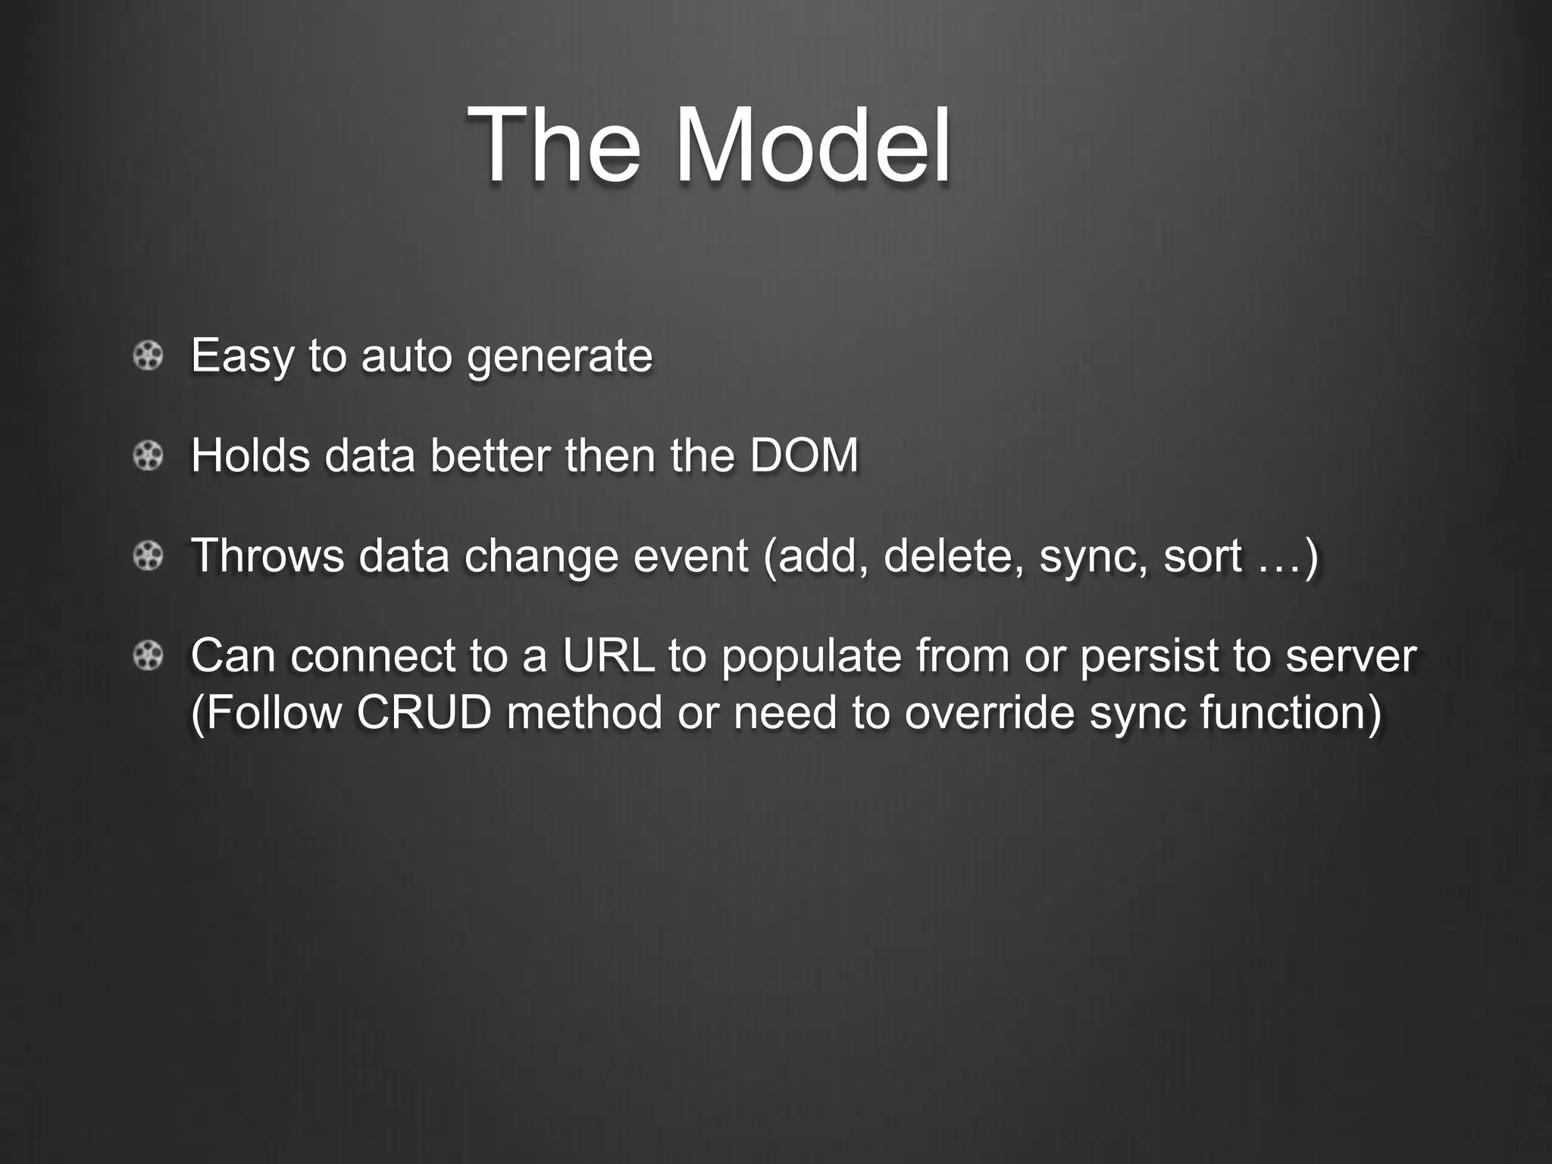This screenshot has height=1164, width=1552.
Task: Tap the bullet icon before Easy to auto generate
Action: (x=148, y=355)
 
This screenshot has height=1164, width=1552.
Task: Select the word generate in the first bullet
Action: (x=559, y=356)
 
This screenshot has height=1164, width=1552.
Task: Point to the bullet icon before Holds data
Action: (x=148, y=455)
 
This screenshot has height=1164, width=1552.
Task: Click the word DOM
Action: (x=804, y=455)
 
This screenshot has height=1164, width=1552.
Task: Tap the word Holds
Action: (x=250, y=455)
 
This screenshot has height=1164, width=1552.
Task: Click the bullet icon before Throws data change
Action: (x=148, y=556)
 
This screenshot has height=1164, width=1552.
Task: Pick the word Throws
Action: (x=268, y=555)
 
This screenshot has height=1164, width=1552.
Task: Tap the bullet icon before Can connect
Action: (x=148, y=656)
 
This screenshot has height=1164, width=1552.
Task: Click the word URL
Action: (x=608, y=656)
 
